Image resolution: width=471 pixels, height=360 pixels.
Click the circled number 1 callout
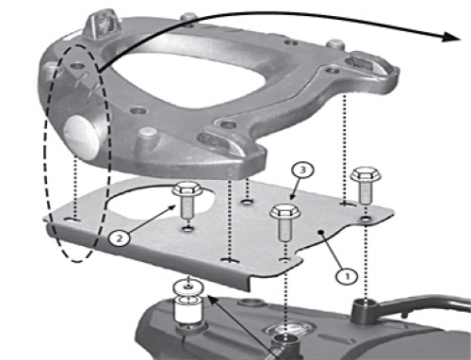click(347, 277)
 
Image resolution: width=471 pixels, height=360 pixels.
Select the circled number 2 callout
click(120, 238)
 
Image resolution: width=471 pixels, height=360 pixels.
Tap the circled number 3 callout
click(302, 171)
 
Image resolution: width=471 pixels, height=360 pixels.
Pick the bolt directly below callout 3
click(285, 222)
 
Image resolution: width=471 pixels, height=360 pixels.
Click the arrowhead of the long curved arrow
click(451, 37)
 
